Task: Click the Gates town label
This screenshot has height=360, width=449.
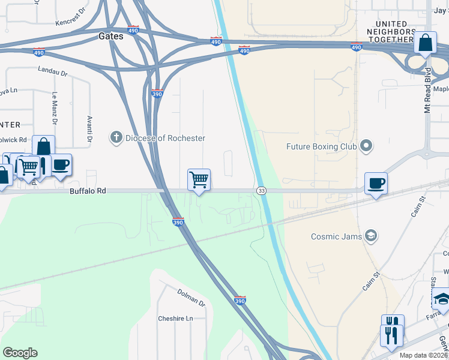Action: [x=110, y=36]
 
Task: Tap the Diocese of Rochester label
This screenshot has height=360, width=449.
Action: [x=165, y=138]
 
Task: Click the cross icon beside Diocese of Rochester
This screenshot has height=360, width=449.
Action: [x=116, y=138]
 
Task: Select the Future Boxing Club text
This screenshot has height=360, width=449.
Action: [x=322, y=146]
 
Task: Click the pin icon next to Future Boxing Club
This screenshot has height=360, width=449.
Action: [x=366, y=146]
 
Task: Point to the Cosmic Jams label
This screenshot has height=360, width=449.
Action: [x=336, y=236]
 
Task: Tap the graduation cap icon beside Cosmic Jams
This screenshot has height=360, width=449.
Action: [x=371, y=236]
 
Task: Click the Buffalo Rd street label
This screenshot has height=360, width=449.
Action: [x=88, y=191]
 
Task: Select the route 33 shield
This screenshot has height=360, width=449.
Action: [x=261, y=191]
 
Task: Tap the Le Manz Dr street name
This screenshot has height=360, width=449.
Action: [x=54, y=108]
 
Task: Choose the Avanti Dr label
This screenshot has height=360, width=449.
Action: [x=89, y=129]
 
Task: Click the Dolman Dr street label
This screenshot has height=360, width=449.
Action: [x=191, y=296]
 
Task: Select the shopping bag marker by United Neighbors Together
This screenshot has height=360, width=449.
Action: [x=425, y=43]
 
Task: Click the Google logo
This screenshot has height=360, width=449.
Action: [x=20, y=353]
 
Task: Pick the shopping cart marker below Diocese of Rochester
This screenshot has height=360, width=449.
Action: [x=199, y=179]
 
